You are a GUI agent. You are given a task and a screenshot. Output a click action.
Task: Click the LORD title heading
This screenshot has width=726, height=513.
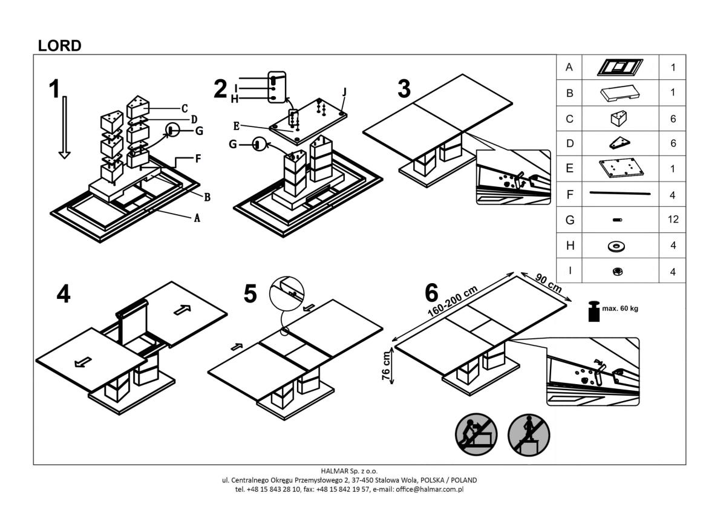point(59,45)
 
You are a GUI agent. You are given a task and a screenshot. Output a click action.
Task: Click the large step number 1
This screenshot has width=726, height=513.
point(54,89)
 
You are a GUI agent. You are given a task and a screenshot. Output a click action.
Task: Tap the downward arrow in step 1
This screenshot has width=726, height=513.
point(64,127)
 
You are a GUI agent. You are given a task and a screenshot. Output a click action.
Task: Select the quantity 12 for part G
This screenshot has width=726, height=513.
point(673,220)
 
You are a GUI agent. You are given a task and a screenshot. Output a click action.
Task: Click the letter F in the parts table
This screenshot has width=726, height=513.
point(569,194)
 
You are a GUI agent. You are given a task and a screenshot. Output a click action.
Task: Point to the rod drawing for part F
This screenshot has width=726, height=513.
point(620,194)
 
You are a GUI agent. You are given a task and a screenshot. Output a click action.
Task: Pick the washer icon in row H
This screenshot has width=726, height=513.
point(620,246)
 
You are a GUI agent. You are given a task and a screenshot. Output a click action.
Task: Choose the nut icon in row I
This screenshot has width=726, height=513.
point(620,272)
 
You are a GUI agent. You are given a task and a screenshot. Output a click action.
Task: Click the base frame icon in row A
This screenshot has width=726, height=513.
point(620,67)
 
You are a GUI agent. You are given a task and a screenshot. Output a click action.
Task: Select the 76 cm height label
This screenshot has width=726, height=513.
point(385,366)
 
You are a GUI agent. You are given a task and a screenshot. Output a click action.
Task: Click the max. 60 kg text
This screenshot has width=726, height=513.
point(620,309)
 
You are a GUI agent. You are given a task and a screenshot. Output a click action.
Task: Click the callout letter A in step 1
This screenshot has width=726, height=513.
point(197,219)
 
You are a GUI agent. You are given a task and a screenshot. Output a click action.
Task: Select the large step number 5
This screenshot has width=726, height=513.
point(250,294)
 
